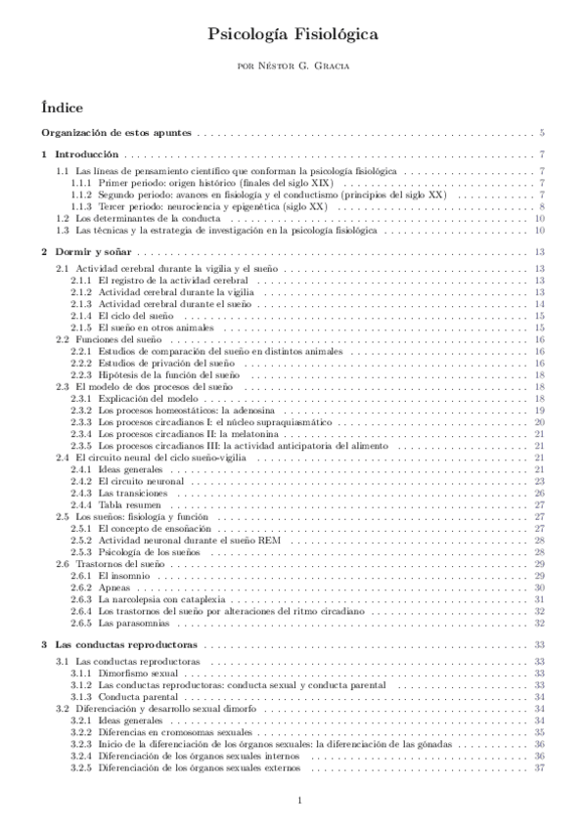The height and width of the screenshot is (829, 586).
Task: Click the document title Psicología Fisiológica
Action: [293, 35]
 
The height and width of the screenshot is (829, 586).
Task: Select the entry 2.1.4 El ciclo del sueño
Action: [136, 316]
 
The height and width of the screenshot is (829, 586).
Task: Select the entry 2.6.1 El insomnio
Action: [127, 576]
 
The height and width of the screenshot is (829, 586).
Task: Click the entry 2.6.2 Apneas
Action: [117, 588]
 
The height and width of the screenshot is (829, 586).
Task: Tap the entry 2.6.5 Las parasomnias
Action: [137, 623]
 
